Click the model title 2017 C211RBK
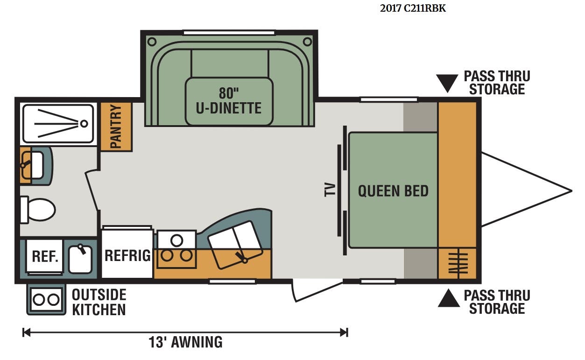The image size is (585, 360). pyautogui.click(x=413, y=8)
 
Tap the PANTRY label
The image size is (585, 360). pyautogui.click(x=116, y=127)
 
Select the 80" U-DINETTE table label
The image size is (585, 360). pyautogui.click(x=228, y=101)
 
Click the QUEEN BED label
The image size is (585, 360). pyautogui.click(x=393, y=191)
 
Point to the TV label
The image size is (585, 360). pyautogui.click(x=330, y=190)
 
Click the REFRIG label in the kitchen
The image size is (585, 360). pyautogui.click(x=128, y=255)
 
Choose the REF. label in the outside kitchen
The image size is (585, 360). pyautogui.click(x=45, y=256)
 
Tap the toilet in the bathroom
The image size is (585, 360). pyautogui.click(x=38, y=210)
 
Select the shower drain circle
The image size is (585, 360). pyautogui.click(x=84, y=124)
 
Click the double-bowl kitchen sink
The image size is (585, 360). pyautogui.click(x=235, y=245)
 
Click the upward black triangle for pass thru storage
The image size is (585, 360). pyautogui.click(x=449, y=298)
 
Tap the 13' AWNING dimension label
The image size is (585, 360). pyautogui.click(x=185, y=342)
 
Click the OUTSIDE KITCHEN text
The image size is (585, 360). pyautogui.click(x=99, y=302)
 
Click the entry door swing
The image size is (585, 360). pyautogui.click(x=317, y=291)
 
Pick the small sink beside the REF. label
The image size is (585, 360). pyautogui.click(x=80, y=259)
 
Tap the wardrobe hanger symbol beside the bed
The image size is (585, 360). pyautogui.click(x=458, y=263)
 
